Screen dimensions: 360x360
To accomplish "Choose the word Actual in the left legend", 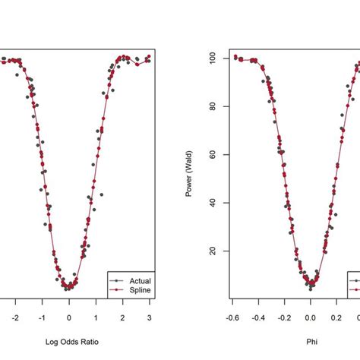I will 141,280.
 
